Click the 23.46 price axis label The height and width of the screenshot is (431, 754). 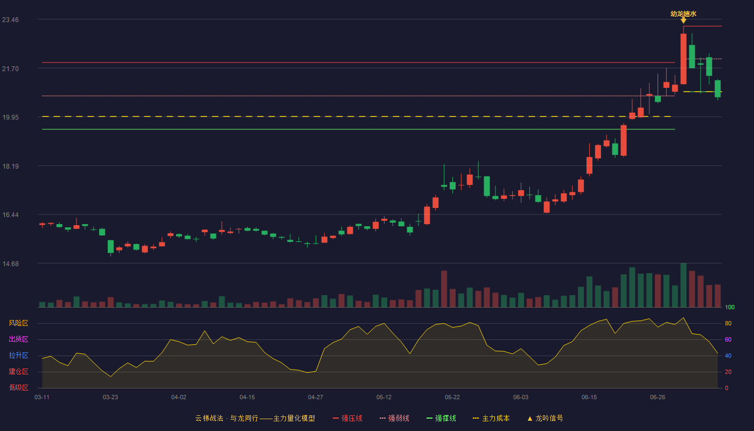pyautogui.click(x=10, y=19)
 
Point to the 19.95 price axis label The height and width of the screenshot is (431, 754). pyautogui.click(x=10, y=117)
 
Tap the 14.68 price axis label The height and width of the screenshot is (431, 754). pyautogui.click(x=10, y=263)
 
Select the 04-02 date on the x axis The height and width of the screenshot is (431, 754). pyautogui.click(x=178, y=398)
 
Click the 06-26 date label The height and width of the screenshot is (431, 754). pyautogui.click(x=658, y=398)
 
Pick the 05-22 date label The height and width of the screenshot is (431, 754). pyautogui.click(x=452, y=398)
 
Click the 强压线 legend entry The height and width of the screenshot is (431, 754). pyautogui.click(x=347, y=418)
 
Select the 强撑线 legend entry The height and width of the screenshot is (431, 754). pyautogui.click(x=441, y=418)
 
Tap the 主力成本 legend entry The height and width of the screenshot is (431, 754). pyautogui.click(x=491, y=418)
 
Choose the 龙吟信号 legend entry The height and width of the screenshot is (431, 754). pyautogui.click(x=545, y=418)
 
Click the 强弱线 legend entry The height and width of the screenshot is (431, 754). pyautogui.click(x=394, y=418)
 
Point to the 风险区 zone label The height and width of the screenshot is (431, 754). pyautogui.click(x=18, y=323)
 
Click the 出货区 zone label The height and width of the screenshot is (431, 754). pyautogui.click(x=18, y=339)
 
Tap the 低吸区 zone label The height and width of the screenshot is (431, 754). pyautogui.click(x=18, y=387)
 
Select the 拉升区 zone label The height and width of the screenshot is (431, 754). pyautogui.click(x=18, y=355)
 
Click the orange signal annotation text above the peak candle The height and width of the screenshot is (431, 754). pyautogui.click(x=683, y=14)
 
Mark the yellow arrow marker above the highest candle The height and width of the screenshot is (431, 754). pyautogui.click(x=683, y=21)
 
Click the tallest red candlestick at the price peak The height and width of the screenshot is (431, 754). pyautogui.click(x=683, y=59)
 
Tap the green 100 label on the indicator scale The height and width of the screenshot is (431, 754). pyautogui.click(x=730, y=307)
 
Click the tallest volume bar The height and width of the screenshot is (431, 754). pyautogui.click(x=683, y=285)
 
